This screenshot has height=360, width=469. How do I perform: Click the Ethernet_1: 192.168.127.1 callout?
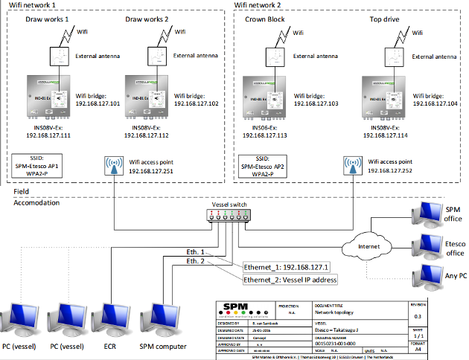click(290, 266)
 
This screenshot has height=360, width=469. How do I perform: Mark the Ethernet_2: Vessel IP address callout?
click(290, 279)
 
